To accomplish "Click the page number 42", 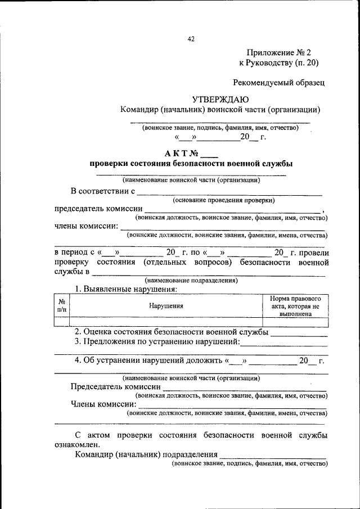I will pos(191,39).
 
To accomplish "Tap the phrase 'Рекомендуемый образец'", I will pos(279,82).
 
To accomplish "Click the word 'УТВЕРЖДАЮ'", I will pos(217,99).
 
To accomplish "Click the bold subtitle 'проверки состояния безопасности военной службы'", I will pos(191,164).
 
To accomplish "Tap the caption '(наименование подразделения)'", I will pos(191,280).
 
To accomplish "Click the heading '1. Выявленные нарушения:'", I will pos(127,289).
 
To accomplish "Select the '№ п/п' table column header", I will pos(61,305).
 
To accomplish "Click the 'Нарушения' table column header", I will pos(166,306).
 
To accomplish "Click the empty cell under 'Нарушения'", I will pos(166,322).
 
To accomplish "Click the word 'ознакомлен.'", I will pos(77,444).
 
